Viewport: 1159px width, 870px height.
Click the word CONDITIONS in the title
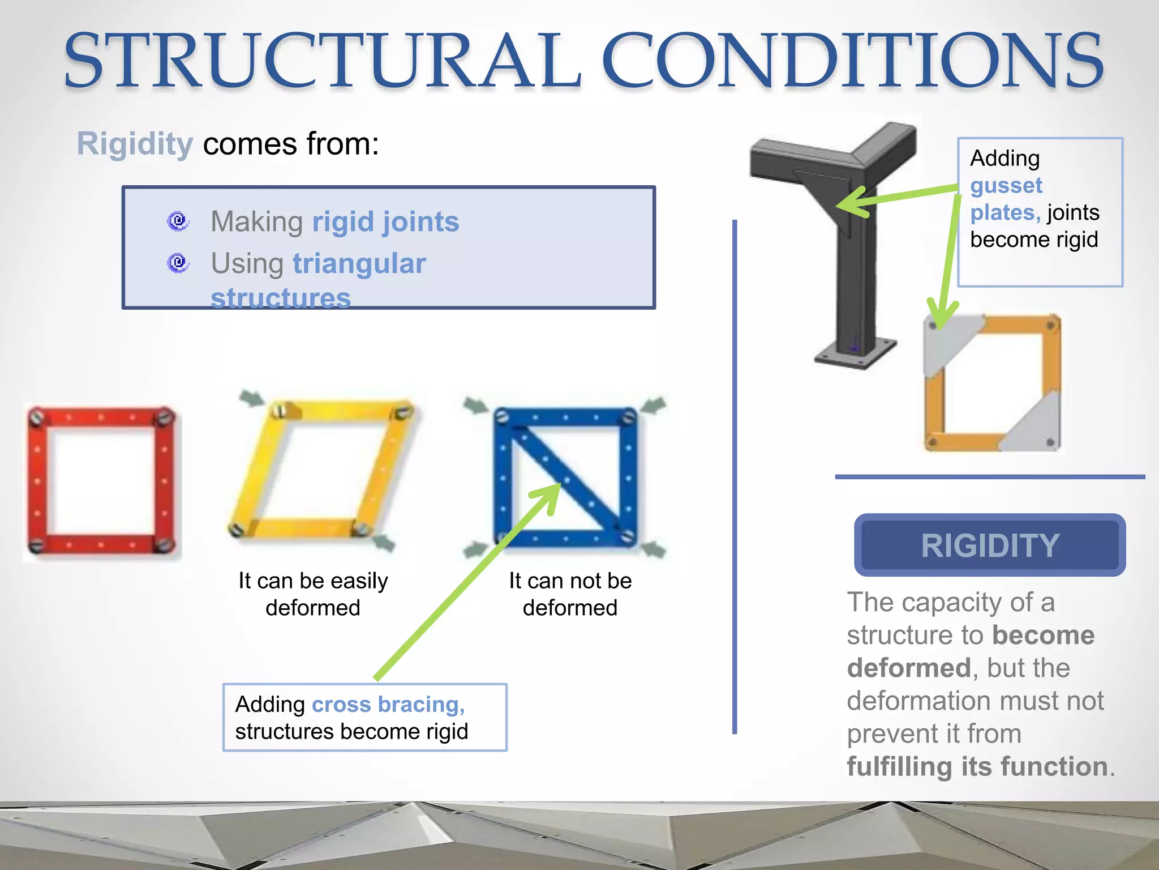click(852, 61)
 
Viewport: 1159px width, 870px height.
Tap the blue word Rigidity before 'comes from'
click(135, 144)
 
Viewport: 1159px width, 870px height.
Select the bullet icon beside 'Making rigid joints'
click(178, 220)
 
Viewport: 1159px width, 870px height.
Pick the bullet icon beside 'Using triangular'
click(178, 262)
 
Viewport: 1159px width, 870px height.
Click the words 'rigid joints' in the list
click(385, 221)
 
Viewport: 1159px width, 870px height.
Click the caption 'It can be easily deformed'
click(313, 594)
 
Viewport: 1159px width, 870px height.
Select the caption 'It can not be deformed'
click(570, 594)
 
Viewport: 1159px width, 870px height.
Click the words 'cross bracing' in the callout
click(388, 704)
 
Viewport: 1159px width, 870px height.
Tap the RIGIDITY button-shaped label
click(989, 545)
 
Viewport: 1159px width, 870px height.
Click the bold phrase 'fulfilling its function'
click(977, 766)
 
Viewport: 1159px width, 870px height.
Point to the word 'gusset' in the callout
click(1006, 185)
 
